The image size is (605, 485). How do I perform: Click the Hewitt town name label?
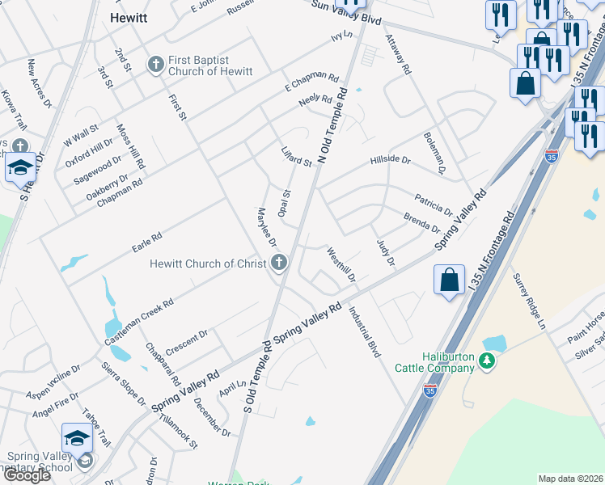128,17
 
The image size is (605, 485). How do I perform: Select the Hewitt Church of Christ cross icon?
279,263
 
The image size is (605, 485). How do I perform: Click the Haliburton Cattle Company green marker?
486,361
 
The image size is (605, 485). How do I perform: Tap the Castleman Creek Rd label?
139,323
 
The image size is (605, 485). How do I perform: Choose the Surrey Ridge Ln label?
530,299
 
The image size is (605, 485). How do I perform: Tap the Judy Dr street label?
385,251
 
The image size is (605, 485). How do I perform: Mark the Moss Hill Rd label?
130,145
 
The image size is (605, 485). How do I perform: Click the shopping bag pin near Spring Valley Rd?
449,280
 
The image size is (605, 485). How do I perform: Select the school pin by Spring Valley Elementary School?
77,438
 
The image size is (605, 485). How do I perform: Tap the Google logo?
27,475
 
